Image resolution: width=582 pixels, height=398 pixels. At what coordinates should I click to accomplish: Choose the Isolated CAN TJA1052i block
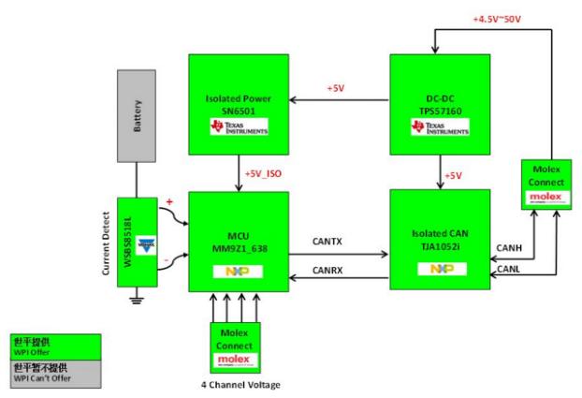[x=439, y=239]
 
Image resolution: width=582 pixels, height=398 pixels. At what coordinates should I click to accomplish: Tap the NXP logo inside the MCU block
[x=237, y=271]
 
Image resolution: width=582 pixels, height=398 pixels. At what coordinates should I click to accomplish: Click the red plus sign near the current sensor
[x=170, y=200]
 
